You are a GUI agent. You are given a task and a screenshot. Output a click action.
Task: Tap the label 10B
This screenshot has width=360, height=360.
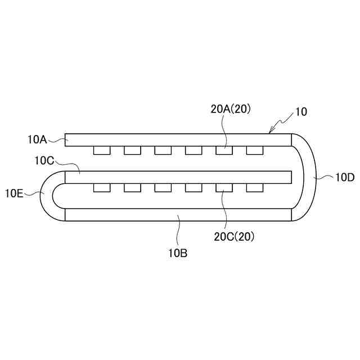177,253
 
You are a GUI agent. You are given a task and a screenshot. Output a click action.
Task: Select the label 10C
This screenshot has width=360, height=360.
44,161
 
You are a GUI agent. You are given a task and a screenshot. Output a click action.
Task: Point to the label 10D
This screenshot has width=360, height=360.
344,178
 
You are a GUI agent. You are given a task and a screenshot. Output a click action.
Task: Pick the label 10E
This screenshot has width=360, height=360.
15,193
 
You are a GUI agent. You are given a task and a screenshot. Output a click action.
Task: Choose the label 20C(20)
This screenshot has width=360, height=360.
235,237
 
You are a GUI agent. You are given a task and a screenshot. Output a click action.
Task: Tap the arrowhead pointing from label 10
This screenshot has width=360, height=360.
271,132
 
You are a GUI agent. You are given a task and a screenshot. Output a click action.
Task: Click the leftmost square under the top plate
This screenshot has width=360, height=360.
102,150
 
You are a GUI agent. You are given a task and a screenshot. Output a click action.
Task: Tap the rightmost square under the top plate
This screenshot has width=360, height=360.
254,150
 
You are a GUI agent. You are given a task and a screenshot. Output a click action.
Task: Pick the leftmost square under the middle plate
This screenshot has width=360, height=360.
102,187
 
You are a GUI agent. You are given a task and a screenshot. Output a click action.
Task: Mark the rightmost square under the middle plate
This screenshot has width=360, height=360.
254,187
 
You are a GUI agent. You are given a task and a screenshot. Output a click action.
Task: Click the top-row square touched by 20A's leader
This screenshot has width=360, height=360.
224,150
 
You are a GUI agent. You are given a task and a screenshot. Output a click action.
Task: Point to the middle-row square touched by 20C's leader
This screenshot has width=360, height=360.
224,187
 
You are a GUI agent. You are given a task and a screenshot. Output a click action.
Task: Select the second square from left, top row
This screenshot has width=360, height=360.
132,150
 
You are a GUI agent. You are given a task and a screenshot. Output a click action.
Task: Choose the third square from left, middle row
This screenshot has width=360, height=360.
163,187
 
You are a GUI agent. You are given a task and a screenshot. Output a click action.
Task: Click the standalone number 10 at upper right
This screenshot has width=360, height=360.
301,111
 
